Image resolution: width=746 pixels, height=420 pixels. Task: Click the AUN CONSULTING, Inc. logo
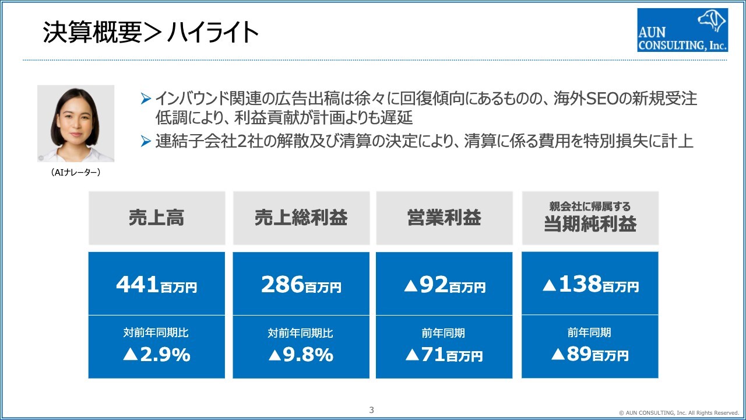tap(682, 30)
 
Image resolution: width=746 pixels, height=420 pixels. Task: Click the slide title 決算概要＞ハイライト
tap(151, 33)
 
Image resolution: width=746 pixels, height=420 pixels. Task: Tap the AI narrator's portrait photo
tap(76, 124)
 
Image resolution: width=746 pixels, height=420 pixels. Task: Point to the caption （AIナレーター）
tap(76, 172)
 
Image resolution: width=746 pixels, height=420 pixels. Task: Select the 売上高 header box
tap(157, 218)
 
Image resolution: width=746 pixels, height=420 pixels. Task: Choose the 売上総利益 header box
tap(301, 218)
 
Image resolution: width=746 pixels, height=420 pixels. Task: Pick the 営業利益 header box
tap(444, 218)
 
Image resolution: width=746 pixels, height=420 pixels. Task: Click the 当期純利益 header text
tap(590, 224)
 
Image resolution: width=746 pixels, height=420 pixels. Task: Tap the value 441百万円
tap(157, 285)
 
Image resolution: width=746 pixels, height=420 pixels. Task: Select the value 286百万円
tap(301, 285)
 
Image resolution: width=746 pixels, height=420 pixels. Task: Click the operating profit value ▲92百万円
tap(444, 285)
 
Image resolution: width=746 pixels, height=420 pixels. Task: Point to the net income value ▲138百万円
tap(590, 285)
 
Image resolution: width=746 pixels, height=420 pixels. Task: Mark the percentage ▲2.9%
tap(157, 355)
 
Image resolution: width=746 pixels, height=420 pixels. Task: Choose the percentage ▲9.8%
tap(301, 355)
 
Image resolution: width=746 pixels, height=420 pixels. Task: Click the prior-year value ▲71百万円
tap(444, 355)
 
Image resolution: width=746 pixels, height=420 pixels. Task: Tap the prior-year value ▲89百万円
tap(590, 355)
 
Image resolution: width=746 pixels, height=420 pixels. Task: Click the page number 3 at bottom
tap(372, 409)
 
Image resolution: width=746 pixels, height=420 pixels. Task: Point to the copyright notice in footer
tap(679, 412)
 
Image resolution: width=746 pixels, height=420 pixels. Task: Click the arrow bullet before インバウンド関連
tap(146, 99)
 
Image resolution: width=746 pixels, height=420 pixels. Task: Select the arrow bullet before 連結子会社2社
tap(146, 142)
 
